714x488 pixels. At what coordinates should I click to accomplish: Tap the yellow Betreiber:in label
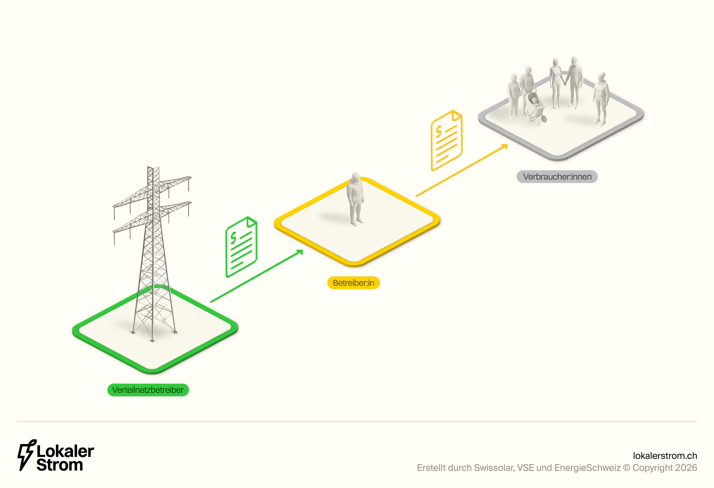(x=353, y=283)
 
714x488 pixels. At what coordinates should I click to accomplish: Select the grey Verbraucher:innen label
(x=557, y=177)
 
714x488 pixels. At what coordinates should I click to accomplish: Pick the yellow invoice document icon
(x=446, y=141)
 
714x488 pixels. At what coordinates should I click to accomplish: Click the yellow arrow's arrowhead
(x=504, y=147)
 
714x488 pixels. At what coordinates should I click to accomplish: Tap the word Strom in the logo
(x=60, y=465)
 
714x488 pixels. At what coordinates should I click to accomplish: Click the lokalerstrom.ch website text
(x=665, y=455)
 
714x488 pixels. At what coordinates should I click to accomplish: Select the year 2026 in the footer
(x=686, y=468)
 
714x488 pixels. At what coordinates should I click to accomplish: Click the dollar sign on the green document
(x=234, y=237)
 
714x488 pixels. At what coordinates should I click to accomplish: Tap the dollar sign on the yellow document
(x=439, y=131)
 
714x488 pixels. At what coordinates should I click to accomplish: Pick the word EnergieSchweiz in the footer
(x=587, y=468)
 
